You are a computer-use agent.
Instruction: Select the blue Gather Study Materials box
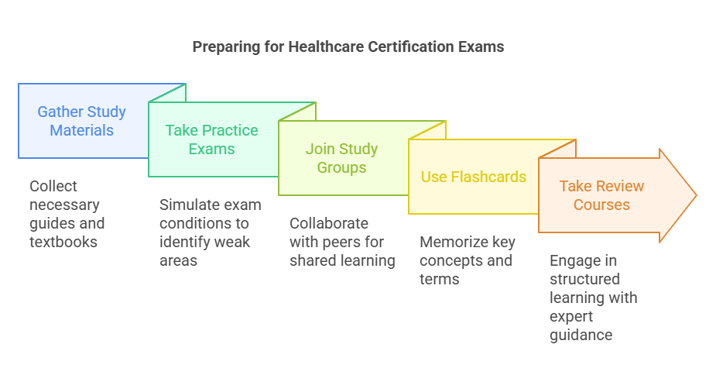click(81, 121)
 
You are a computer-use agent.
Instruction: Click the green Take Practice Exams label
click(211, 139)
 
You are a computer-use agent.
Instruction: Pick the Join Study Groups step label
click(341, 158)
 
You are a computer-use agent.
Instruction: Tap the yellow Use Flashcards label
click(473, 177)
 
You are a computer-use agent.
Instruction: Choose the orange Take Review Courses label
click(601, 195)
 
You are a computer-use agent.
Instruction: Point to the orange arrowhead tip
click(696, 195)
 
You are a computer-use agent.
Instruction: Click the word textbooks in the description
click(63, 242)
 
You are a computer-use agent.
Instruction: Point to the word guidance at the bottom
click(581, 335)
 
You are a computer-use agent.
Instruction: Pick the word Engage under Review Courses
click(574, 260)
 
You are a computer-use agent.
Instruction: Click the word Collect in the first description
click(53, 186)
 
